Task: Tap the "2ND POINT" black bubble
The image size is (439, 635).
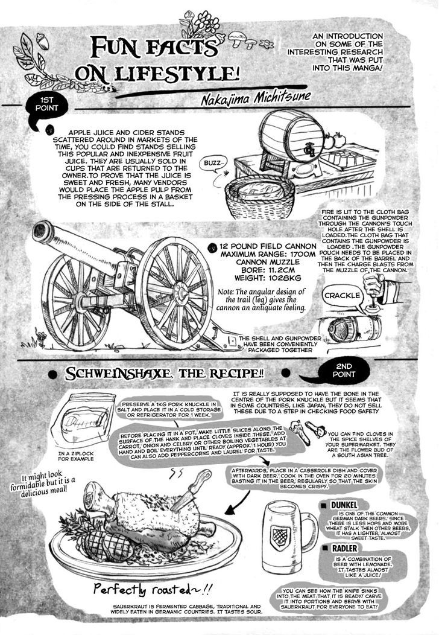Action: (343, 371)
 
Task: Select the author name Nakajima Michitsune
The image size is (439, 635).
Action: (256, 98)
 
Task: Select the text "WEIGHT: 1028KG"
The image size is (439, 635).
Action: (268, 278)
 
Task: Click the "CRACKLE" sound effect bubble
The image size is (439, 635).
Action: (342, 296)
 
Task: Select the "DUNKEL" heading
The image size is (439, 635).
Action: (344, 505)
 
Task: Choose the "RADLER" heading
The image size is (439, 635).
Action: (344, 548)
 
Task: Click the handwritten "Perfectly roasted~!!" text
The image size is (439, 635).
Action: (153, 589)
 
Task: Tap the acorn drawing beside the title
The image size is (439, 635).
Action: (42, 42)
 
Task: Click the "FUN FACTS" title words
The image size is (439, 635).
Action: (154, 48)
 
